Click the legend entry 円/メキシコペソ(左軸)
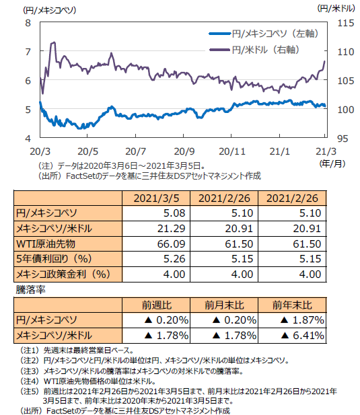coord(264,34)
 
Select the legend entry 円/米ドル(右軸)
coord(254,50)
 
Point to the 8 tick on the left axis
coord(28,24)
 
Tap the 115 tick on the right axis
coord(345,24)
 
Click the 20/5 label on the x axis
coord(87,151)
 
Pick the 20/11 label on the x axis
coord(232,151)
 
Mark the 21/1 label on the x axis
coord(279,151)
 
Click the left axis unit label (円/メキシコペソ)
coord(50,10)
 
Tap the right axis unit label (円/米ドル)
coord(336,9)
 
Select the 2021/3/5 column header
coord(156,198)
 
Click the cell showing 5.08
coord(174,213)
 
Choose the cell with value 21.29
coord(172,229)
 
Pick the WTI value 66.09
coord(172,243)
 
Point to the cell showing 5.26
coord(174,259)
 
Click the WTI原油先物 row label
coord(46,243)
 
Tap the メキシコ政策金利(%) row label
coord(63,274)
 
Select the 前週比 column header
coord(157,305)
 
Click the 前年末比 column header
coord(292,305)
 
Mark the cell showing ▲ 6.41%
coord(302,336)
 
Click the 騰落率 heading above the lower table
coord(31,290)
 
